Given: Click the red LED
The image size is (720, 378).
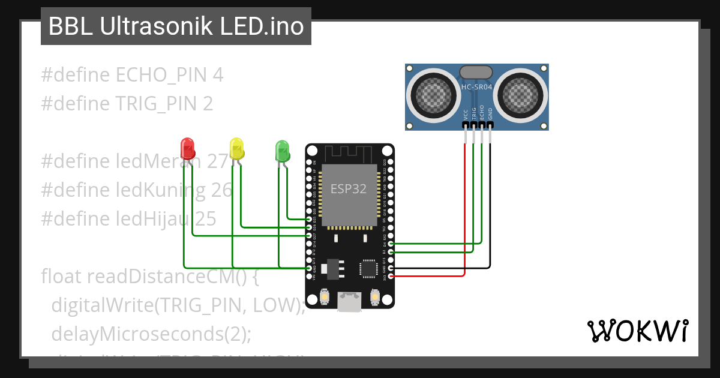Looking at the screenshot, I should click(x=187, y=148).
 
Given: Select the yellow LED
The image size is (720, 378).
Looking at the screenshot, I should click(x=236, y=148).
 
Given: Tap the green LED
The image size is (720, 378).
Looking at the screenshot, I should click(x=281, y=150).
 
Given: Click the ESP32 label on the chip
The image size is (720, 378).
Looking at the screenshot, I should click(x=349, y=189).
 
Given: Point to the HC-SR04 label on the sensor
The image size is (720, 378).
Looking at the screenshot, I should click(x=477, y=88).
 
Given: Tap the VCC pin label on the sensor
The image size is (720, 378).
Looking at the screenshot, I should click(x=466, y=114).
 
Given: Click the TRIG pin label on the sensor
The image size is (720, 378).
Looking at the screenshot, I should click(x=474, y=114).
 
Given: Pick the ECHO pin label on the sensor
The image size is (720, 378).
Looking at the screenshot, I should click(x=482, y=114).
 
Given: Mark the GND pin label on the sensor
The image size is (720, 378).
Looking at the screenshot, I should click(x=490, y=114).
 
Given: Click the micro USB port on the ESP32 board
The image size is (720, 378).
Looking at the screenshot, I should click(x=349, y=300).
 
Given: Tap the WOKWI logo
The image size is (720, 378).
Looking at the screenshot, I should click(x=637, y=331).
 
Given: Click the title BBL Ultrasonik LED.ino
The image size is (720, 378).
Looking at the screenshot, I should click(x=176, y=26).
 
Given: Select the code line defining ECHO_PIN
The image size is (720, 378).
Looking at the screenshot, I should click(x=132, y=75).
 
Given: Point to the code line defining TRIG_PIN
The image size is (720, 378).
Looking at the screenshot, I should click(x=127, y=104).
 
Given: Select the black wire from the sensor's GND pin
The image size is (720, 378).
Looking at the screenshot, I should click(x=490, y=210).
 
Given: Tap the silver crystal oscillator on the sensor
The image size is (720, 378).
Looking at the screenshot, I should click(x=477, y=72).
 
